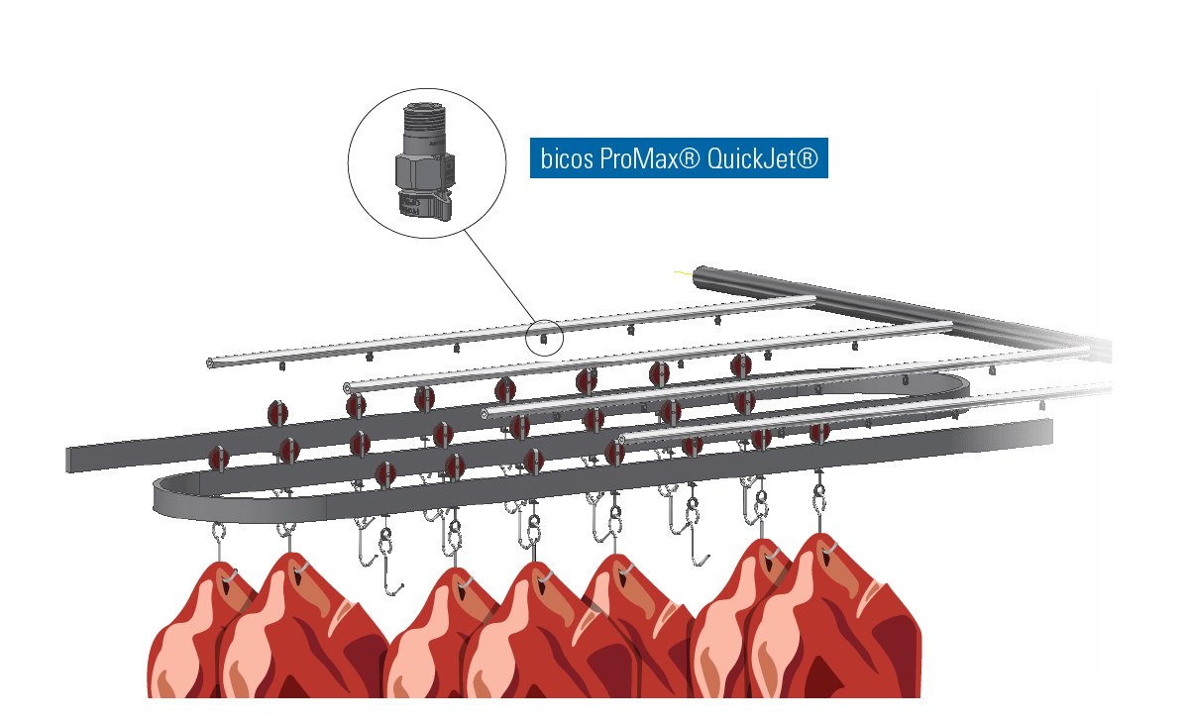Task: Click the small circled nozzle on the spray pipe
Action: pyautogui.click(x=544, y=339)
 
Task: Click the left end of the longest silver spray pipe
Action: pyautogui.click(x=211, y=363)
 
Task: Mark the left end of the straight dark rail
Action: pyautogui.click(x=70, y=460)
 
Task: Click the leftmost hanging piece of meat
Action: pyautogui.click(x=198, y=634)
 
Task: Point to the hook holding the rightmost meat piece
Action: pyautogui.click(x=819, y=505)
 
